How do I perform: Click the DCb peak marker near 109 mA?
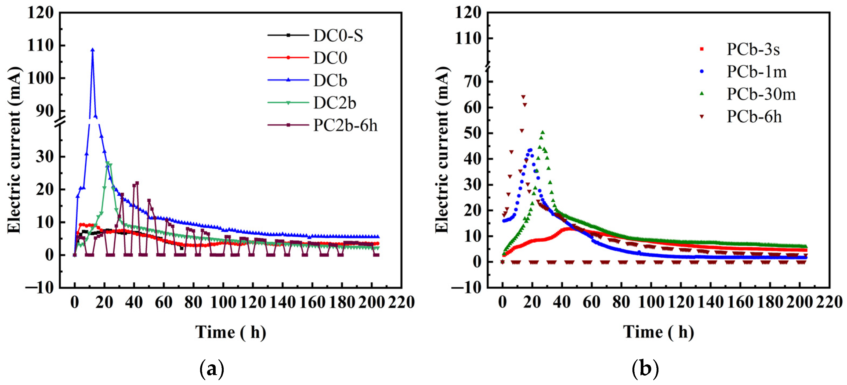[x=92, y=50]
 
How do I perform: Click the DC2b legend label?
[x=334, y=103]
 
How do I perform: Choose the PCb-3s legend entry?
[x=753, y=49]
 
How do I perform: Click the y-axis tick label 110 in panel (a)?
[x=41, y=45]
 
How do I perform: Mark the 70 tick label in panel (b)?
[x=472, y=82]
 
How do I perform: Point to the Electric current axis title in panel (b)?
[x=442, y=150]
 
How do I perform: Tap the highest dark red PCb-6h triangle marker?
[x=523, y=97]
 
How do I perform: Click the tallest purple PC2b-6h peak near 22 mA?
[x=137, y=183]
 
